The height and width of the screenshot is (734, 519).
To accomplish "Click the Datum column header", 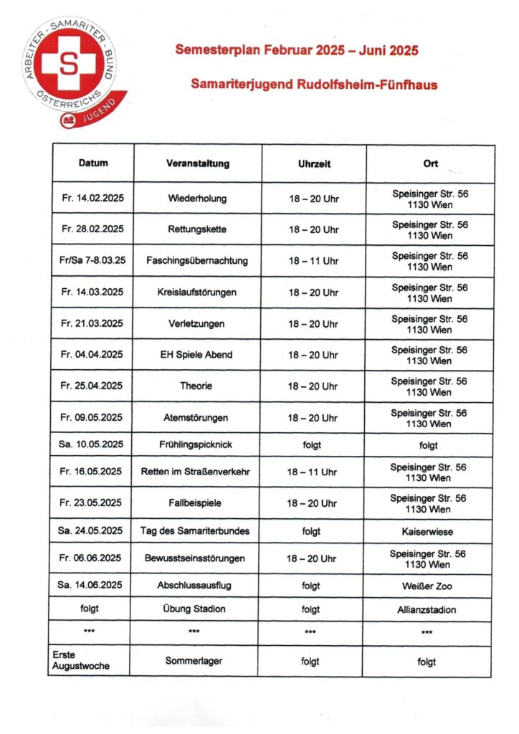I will pyautogui.click(x=93, y=163).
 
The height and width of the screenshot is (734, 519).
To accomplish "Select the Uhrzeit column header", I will pyautogui.click(x=313, y=163).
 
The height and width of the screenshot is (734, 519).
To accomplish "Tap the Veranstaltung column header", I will pyautogui.click(x=197, y=163).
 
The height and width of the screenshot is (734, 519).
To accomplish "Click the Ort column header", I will pyautogui.click(x=430, y=163).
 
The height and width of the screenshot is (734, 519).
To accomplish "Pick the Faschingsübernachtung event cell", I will pyautogui.click(x=197, y=261).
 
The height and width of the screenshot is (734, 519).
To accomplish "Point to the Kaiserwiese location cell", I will pyautogui.click(x=428, y=533).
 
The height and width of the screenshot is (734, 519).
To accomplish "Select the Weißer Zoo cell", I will pyautogui.click(x=428, y=586).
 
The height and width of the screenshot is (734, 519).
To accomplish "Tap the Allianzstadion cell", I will pyautogui.click(x=428, y=609).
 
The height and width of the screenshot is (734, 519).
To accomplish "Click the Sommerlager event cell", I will pyautogui.click(x=197, y=662).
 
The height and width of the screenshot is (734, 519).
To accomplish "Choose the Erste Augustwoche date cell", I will pyautogui.click(x=81, y=661).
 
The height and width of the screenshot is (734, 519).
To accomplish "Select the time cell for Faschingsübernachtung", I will pyautogui.click(x=313, y=261).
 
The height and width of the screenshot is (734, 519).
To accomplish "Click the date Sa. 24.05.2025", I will pyautogui.click(x=91, y=531).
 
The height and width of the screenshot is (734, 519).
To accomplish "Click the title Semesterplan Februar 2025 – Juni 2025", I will pyautogui.click(x=297, y=51).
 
